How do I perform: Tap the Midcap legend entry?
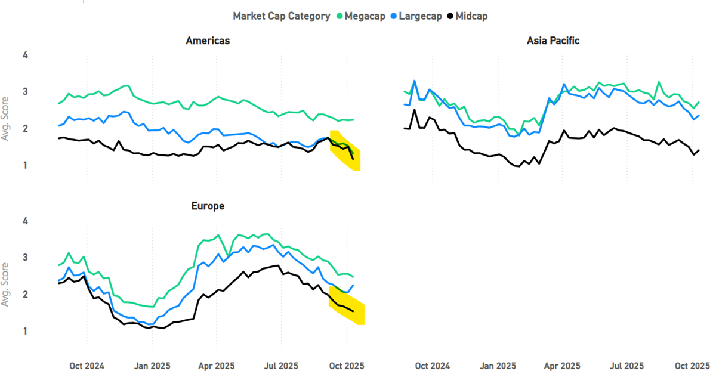[471, 16]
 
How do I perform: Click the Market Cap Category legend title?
[282, 16]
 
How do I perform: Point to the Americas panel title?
[208, 41]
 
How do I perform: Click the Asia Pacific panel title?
[553, 41]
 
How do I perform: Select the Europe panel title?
[208, 206]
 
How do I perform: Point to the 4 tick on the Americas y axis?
[25, 55]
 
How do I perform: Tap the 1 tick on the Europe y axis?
[25, 331]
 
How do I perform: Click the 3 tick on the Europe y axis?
[25, 258]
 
